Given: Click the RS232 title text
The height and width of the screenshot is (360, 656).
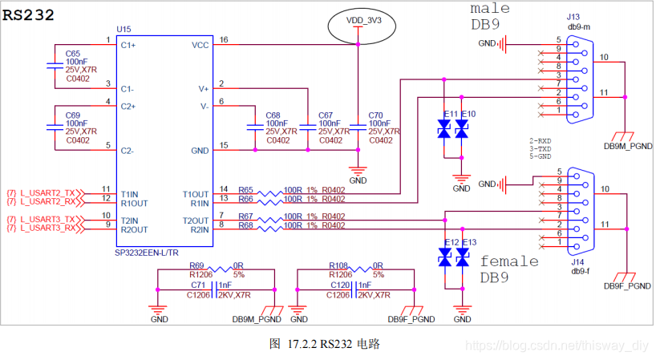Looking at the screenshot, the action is coord(28,15).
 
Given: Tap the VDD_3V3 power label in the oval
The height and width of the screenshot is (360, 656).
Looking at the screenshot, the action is coord(363,21).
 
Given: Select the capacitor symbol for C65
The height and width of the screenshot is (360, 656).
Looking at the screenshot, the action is coord(55,66).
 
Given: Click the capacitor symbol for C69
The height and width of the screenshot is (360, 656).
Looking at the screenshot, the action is coord(55,127).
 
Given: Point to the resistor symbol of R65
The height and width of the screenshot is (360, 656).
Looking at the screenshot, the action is coord(269,193).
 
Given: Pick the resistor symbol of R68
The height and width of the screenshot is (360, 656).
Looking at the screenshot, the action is coord(269,229).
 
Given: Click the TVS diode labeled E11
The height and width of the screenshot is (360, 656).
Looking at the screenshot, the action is coord(444,129).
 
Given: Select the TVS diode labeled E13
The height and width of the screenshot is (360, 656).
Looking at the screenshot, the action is coord(462,257).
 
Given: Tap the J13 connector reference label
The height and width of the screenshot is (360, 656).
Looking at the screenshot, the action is coord(573,17).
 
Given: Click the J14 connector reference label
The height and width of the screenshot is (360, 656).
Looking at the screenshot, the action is coord(577,262).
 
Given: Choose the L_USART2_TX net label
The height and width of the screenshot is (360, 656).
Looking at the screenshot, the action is coord(47,192).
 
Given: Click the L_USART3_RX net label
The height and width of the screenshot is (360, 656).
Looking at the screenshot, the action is coord(47,228).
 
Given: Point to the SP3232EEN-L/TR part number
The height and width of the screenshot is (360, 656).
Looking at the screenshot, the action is coord(147,253).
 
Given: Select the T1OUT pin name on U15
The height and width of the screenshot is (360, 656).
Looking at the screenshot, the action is coord(196,194).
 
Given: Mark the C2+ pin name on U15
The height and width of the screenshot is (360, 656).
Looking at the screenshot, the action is coord(128,107).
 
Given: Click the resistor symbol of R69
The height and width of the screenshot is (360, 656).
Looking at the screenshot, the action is coord(221,269).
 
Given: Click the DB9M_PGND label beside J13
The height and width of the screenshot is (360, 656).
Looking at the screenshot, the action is coord(628,147).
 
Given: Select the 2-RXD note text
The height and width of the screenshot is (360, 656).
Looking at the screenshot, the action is coord(540,141).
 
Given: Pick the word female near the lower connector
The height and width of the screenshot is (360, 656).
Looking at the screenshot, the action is coord(509,261).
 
